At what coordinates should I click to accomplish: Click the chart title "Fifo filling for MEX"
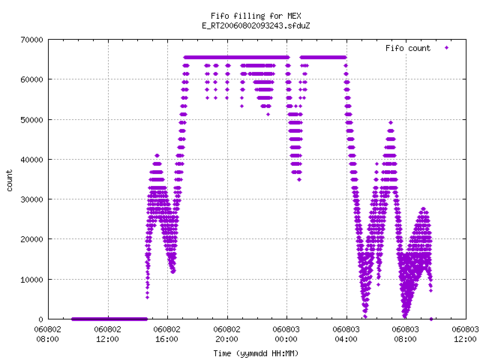pyautogui.click(x=256, y=16)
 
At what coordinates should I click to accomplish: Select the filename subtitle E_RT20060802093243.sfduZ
pyautogui.click(x=256, y=25)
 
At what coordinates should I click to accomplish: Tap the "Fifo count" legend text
pyautogui.click(x=408, y=48)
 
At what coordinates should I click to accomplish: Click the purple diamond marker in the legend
pyautogui.click(x=447, y=47)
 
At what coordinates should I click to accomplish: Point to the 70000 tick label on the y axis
pyautogui.click(x=31, y=40)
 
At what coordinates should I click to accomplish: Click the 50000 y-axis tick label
pyautogui.click(x=31, y=120)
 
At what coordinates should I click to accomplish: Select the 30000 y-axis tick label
pyautogui.click(x=31, y=199)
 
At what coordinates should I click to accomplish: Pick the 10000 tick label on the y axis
pyautogui.click(x=31, y=280)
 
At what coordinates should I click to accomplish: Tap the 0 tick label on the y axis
pyautogui.click(x=40, y=319)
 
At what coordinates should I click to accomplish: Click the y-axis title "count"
pyautogui.click(x=10, y=181)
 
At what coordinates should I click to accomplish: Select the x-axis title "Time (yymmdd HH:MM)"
pyautogui.click(x=256, y=353)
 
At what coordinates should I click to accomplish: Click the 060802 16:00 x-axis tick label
pyautogui.click(x=166, y=334)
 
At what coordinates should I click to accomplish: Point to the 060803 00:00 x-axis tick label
pyautogui.click(x=286, y=334)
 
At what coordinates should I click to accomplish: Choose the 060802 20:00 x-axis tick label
pyautogui.click(x=226, y=334)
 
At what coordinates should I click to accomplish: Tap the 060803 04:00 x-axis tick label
pyautogui.click(x=346, y=334)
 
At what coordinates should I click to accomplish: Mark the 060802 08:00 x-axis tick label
pyautogui.click(x=47, y=334)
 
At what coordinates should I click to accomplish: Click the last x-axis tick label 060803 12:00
pyautogui.click(x=465, y=334)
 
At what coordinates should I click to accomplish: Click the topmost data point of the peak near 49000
pyautogui.click(x=391, y=123)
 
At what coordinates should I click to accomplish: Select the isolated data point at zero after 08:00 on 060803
pyautogui.click(x=431, y=319)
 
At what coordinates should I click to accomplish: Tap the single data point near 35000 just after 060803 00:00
pyautogui.click(x=299, y=180)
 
